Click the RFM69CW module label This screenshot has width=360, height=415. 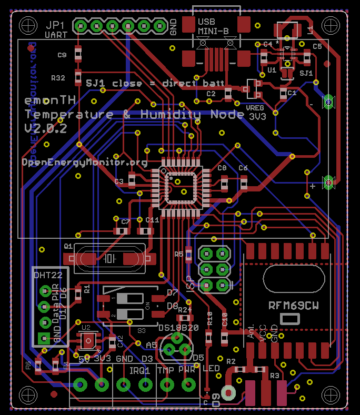(x=294, y=305)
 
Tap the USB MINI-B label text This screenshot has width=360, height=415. (x=214, y=27)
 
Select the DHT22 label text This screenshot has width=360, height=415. (x=48, y=275)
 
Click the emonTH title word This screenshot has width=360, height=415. (x=51, y=100)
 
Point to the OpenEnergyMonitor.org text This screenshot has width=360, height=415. (x=85, y=162)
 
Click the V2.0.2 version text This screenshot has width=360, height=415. (x=45, y=128)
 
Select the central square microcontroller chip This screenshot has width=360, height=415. (x=181, y=188)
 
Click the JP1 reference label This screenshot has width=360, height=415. (x=56, y=25)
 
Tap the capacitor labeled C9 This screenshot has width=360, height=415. (x=78, y=53)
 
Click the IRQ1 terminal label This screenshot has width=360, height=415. (x=141, y=370)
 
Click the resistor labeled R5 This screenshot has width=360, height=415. (x=188, y=254)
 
